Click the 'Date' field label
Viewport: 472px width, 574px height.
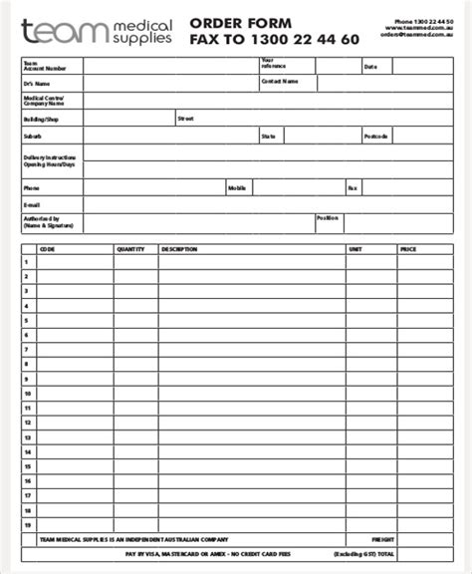(x=370, y=67)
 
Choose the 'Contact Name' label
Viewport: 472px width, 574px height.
(x=279, y=84)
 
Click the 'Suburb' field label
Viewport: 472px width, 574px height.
(x=33, y=135)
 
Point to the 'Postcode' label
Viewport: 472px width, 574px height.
(x=376, y=135)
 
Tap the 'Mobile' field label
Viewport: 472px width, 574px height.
(x=237, y=186)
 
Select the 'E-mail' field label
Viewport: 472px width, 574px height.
(x=33, y=203)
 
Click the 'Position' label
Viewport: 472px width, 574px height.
(x=328, y=217)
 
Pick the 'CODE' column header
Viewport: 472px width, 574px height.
(x=47, y=248)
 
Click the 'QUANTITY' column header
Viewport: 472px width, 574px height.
(x=130, y=248)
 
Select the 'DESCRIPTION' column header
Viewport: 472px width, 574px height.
(x=179, y=248)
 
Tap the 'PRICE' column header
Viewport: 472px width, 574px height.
(x=408, y=248)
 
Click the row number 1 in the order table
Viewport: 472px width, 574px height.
(x=28, y=262)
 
